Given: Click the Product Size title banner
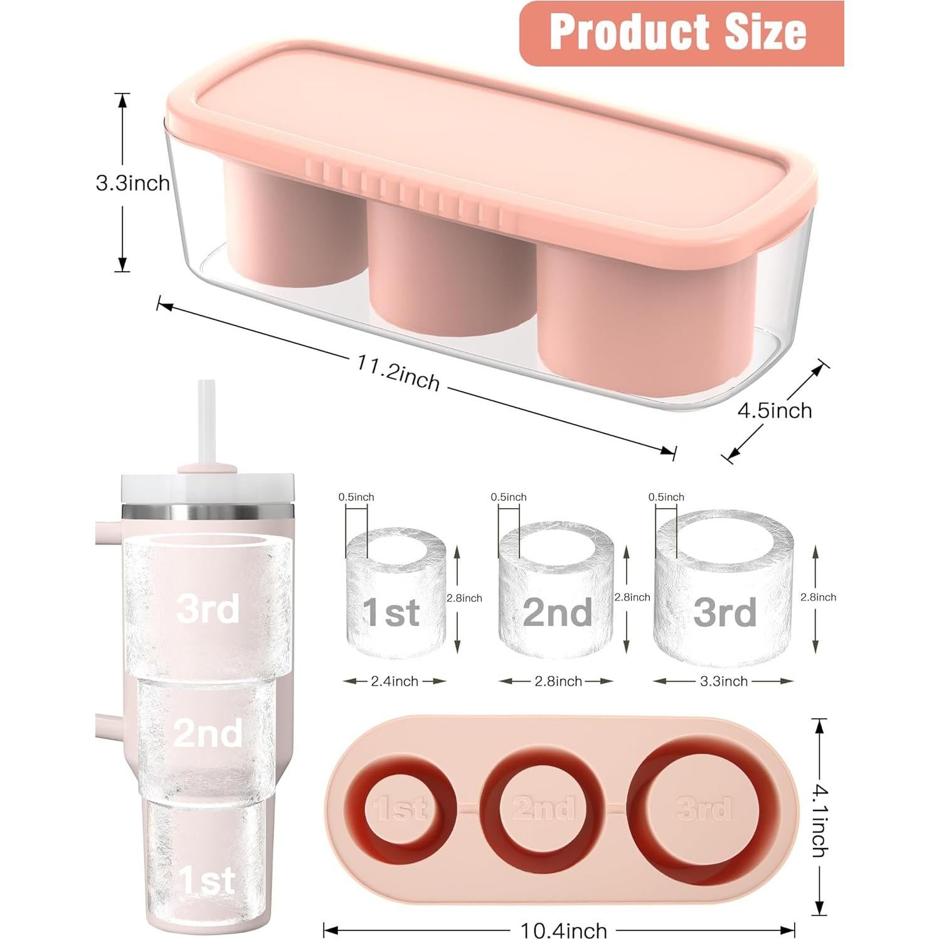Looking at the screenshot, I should [681, 33].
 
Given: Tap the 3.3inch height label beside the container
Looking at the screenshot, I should [132, 183].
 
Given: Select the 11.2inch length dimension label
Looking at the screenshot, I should [399, 373].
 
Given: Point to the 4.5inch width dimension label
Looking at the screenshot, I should [774, 411].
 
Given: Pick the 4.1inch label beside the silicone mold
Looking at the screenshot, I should [819, 816].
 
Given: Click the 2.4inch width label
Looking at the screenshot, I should [394, 681].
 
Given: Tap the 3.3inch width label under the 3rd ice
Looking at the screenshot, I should [724, 681].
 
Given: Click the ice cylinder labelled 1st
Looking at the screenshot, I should [395, 593].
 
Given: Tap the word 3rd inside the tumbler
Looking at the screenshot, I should [208, 608].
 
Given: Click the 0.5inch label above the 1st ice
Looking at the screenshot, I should [356, 497].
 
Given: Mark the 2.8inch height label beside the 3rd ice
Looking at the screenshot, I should [818, 597].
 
